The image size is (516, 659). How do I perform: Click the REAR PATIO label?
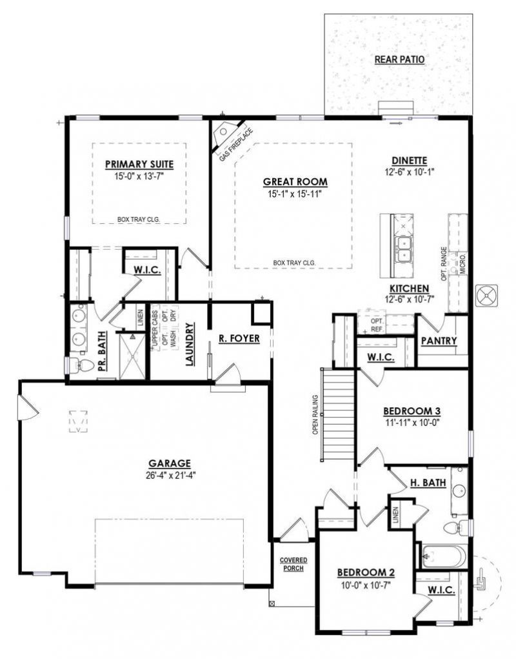pyautogui.click(x=399, y=59)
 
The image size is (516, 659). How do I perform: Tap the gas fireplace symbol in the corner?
pyautogui.click(x=226, y=134)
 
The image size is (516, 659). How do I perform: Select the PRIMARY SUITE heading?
pyautogui.click(x=139, y=164)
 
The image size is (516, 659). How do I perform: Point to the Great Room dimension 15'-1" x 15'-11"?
pyautogui.click(x=295, y=194)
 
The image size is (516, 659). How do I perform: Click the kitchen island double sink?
pyautogui.click(x=404, y=249)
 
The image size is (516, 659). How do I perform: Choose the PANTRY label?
pyautogui.click(x=439, y=340)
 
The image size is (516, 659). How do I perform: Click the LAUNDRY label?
pyautogui.click(x=190, y=344)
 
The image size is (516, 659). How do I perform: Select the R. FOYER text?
pyautogui.click(x=239, y=338)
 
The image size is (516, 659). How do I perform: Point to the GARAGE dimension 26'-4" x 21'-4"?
pyautogui.click(x=170, y=475)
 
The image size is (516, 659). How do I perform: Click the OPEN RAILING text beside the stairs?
pyautogui.click(x=315, y=414)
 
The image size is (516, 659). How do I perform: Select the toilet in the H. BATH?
pyautogui.click(x=455, y=527)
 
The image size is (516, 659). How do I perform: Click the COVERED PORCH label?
pyautogui.click(x=293, y=564)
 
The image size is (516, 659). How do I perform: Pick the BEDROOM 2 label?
pyautogui.click(x=366, y=573)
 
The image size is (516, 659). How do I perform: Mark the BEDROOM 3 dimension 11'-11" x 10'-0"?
pyautogui.click(x=412, y=423)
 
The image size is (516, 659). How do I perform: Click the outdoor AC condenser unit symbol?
pyautogui.click(x=487, y=296)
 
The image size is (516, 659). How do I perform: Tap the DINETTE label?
pyautogui.click(x=410, y=161)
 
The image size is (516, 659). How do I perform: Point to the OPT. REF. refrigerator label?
pyautogui.click(x=377, y=325)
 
